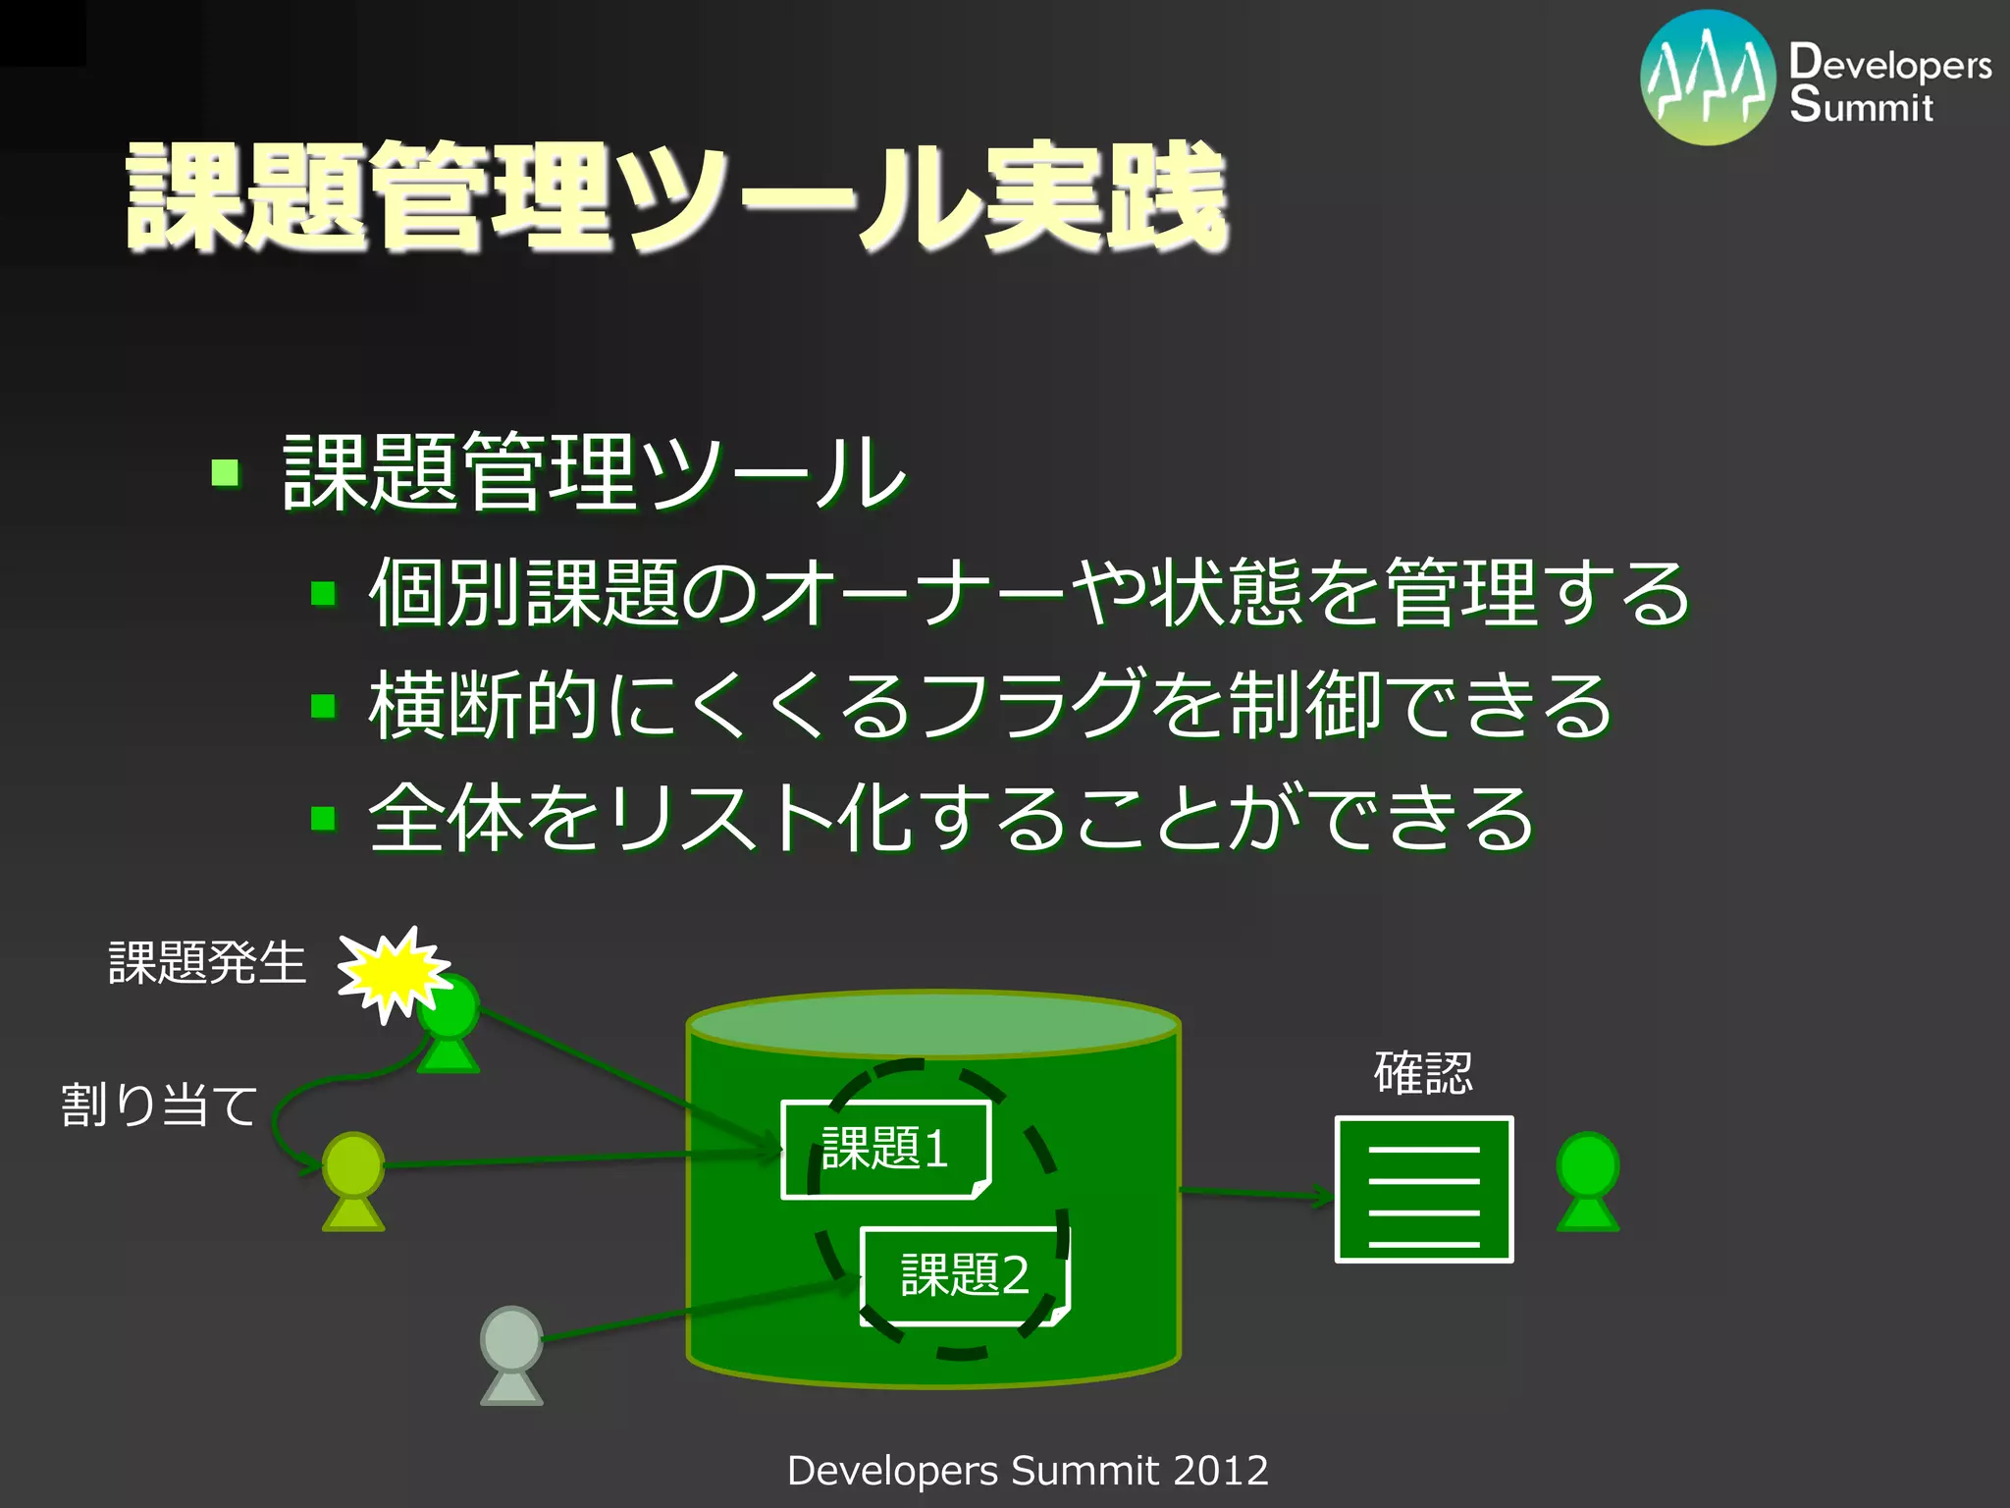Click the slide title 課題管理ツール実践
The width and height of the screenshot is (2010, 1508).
677,196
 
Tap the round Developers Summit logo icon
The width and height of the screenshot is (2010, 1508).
1708,79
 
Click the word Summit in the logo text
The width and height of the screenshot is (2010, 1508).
1861,105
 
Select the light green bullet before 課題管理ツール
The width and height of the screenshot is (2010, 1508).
226,474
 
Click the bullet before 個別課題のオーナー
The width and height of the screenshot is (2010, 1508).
323,593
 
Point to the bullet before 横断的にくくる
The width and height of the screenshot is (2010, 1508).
323,706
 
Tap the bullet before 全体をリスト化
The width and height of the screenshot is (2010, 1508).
323,818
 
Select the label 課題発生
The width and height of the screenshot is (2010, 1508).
207,962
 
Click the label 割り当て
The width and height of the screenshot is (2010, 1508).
160,1105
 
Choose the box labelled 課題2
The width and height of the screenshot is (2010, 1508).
965,1275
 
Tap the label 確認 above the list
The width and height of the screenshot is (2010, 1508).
1423,1073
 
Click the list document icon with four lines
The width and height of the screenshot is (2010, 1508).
1423,1189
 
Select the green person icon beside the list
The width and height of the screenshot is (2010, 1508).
1587,1181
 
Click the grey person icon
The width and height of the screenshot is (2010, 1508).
511,1354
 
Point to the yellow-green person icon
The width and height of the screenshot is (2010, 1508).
353,1180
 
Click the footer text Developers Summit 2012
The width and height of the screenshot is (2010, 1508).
1028,1471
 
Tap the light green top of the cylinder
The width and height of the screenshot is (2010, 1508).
932,1023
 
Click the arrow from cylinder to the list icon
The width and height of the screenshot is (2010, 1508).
1256,1193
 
